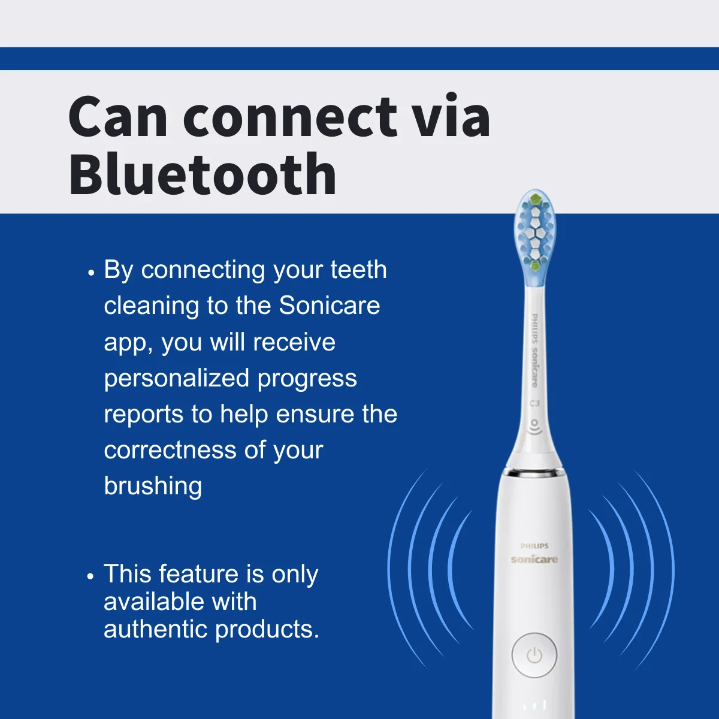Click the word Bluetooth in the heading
(203, 174)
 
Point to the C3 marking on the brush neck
(534, 403)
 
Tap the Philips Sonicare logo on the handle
(534, 554)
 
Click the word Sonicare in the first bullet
(329, 306)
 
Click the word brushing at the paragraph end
(153, 486)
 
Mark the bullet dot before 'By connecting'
(91, 272)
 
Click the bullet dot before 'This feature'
(90, 576)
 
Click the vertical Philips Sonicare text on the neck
(534, 351)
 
